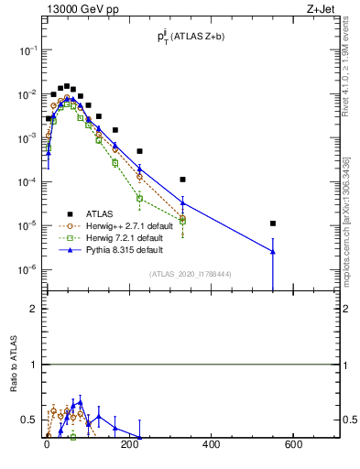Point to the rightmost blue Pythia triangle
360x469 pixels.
pos(273,251)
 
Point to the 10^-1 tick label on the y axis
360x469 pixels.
pos(25,50)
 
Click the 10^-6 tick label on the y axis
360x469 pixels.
pos(25,269)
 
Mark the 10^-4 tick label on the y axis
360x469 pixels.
pos(25,182)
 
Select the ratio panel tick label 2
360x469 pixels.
pos(32,309)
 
